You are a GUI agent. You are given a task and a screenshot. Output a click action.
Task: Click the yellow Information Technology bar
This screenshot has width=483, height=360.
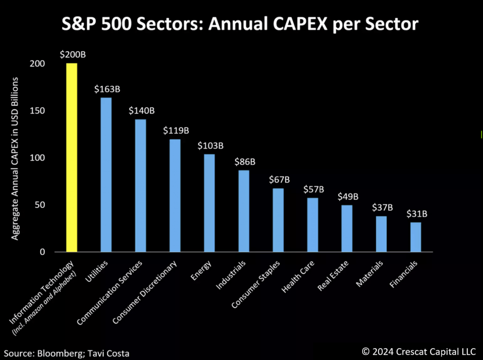[72, 158]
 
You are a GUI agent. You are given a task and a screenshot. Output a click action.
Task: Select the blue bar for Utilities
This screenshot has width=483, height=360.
[106, 175]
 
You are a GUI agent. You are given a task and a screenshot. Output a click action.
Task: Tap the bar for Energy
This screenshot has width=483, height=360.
[209, 203]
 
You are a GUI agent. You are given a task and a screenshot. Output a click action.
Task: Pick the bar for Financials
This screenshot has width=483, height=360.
[416, 237]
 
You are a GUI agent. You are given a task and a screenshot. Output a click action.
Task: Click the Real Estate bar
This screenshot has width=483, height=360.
[347, 229]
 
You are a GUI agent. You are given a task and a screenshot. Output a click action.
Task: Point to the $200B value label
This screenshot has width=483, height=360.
[72, 54]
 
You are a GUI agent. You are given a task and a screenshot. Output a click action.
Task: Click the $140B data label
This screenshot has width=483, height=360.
[142, 111]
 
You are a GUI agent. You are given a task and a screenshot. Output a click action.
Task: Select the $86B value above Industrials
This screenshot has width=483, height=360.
[245, 162]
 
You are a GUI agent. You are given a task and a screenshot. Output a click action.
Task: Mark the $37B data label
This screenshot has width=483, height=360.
[382, 208]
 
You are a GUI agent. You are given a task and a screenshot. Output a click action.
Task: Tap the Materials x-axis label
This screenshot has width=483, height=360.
[369, 274]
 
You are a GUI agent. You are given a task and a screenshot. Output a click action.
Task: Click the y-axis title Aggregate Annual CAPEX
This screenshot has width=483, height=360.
[15, 158]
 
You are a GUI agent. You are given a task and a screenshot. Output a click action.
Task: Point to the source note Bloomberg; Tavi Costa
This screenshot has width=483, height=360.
[67, 353]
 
